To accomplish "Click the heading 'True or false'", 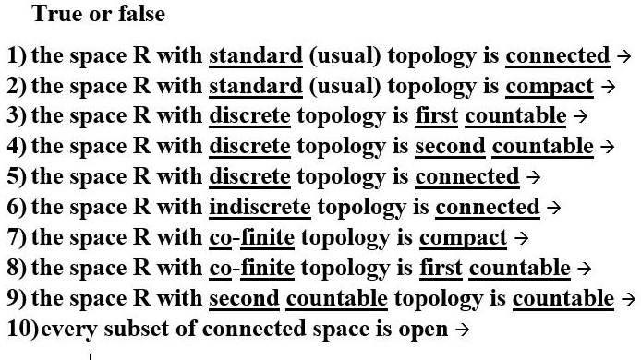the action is coord(98,14).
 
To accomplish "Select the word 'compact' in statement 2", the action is coord(550,87).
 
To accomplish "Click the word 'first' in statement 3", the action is coord(438,116).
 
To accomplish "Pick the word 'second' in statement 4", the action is coord(450,147).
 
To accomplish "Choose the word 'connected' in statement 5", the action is coord(467,177).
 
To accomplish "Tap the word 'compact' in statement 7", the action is coord(463,238).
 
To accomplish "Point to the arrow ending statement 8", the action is coord(583,269).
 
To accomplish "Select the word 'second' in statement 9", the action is coord(244,299).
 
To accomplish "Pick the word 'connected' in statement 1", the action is coord(557,56).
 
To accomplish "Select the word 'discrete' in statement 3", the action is coord(249,116).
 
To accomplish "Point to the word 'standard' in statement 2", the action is coord(256,87).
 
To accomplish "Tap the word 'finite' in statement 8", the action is coord(267,269).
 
